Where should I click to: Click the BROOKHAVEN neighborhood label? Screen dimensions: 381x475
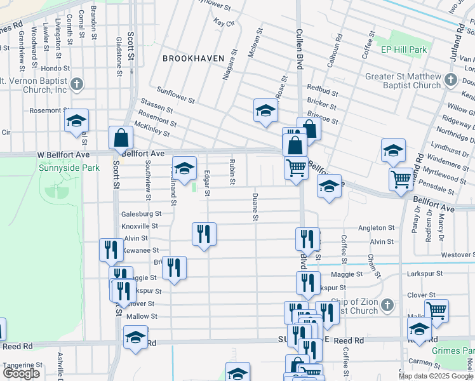coord(193,58)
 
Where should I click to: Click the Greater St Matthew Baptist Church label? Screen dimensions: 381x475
coord(403,81)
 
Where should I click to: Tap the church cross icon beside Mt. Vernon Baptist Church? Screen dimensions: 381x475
coord(76,84)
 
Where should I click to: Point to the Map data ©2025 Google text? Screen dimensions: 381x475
coord(436,376)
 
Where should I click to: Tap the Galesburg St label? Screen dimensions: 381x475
coord(140,214)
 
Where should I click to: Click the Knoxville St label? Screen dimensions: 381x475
coord(140,226)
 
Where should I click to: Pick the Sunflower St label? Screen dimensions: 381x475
coord(175,96)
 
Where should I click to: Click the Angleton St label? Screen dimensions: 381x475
coord(377,227)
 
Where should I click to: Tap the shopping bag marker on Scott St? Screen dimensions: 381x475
coord(121,138)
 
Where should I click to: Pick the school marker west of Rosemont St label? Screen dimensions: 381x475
coord(77,121)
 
